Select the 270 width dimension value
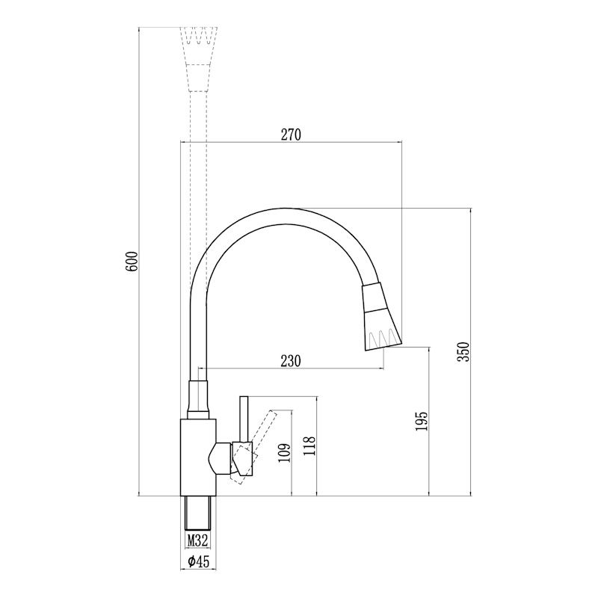290,135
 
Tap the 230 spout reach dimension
292,361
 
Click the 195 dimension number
422,421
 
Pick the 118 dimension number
310,446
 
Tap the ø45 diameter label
197,561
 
